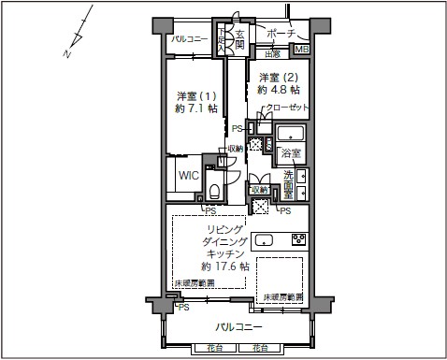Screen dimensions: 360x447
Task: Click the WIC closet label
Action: (x=187, y=175)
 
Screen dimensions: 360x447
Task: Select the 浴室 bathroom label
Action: (x=290, y=152)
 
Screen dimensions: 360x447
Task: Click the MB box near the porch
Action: (x=301, y=50)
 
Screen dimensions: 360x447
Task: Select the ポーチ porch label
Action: (x=281, y=33)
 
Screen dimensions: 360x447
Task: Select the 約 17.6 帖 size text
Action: (x=224, y=266)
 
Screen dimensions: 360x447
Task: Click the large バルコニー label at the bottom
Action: (x=238, y=326)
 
